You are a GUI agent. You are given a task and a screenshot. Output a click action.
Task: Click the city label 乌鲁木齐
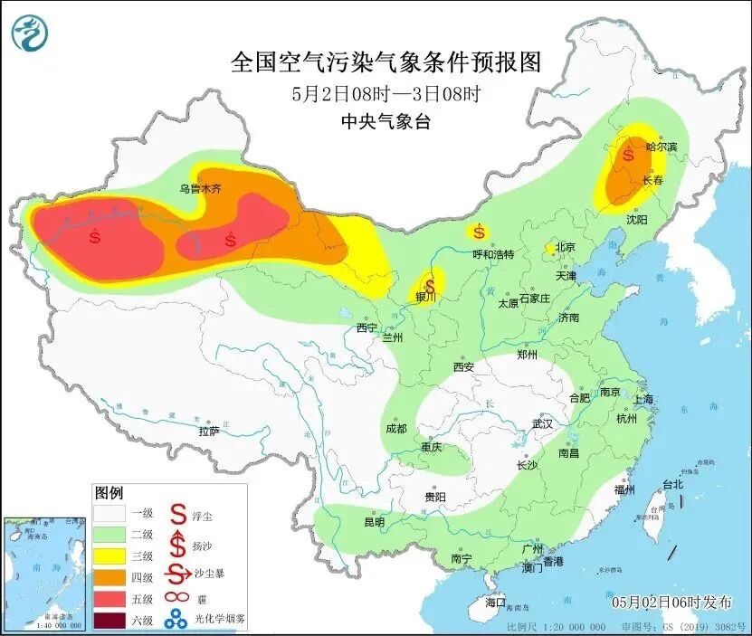(200, 189)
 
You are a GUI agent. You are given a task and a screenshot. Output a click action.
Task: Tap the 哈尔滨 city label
(661, 147)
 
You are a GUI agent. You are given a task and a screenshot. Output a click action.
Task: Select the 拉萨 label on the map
(209, 432)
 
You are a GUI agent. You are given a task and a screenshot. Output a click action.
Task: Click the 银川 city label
(425, 297)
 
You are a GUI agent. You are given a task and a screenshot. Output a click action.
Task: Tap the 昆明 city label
(374, 522)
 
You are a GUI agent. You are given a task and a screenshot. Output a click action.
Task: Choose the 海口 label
(495, 602)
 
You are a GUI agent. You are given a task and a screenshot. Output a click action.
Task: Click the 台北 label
(673, 484)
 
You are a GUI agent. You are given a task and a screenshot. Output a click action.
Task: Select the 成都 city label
(395, 428)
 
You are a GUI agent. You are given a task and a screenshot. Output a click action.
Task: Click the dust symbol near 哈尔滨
(627, 155)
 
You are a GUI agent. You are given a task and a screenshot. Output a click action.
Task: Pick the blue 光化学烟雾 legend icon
(176, 621)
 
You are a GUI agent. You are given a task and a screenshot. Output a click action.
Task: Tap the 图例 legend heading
(109, 493)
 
